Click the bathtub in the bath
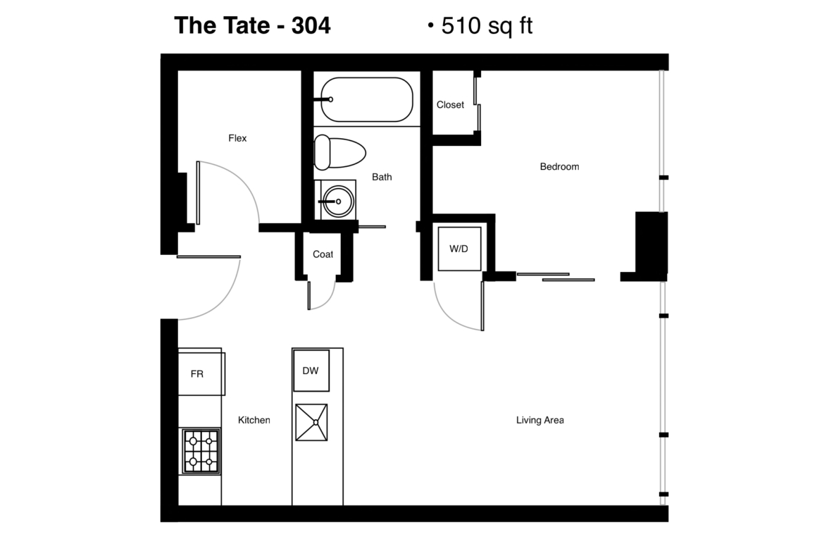point(367,99)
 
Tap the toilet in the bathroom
point(339,152)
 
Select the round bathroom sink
point(338,201)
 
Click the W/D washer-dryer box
point(459,249)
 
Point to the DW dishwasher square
point(311,371)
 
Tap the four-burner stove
point(201,451)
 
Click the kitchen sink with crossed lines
point(311,422)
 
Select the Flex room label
point(237,138)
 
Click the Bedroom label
point(560,167)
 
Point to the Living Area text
point(540,420)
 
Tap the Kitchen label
point(254,420)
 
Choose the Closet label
point(450,104)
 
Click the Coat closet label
point(323,254)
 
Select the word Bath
point(382,177)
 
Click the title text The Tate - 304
point(253,25)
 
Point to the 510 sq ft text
point(487,25)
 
